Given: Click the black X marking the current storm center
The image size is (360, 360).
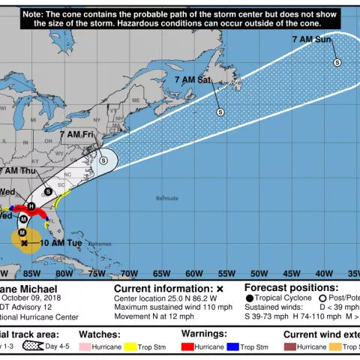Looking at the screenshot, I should pos(24,243).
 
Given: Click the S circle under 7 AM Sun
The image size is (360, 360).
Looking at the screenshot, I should pos(337,63).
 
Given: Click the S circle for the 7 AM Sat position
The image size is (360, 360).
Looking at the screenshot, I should pos(220,112).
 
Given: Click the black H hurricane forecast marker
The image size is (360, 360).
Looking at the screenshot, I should pos(31,206).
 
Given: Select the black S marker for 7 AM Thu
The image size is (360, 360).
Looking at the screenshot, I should pos(49,192).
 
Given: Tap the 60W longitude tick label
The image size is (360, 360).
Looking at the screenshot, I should pos(193,273).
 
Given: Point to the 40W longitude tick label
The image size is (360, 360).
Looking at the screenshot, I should pos(323,273).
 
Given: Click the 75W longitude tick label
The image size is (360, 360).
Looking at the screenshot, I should pos(97,273).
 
